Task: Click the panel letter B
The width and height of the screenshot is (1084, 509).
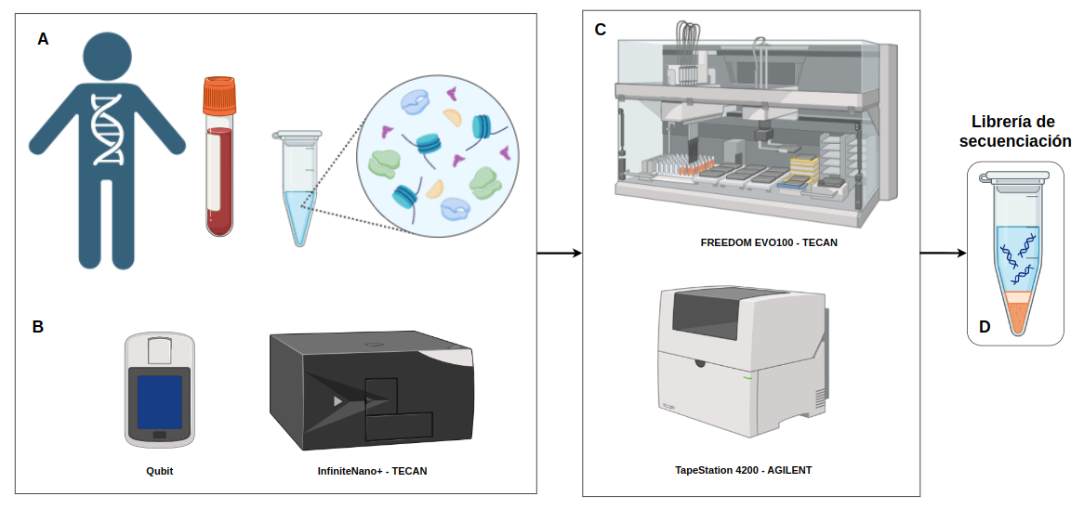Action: point(38,327)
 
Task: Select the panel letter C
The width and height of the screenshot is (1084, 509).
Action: point(600,30)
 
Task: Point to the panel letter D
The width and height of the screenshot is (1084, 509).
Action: point(985,327)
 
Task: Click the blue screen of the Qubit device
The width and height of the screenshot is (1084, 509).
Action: point(160,401)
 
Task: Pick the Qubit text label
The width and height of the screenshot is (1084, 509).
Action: point(159,471)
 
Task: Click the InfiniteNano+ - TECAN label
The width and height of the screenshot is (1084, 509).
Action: point(372,471)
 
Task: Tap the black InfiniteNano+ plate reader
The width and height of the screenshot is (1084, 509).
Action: point(372,391)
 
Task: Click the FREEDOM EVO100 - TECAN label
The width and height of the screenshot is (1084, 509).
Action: point(756,241)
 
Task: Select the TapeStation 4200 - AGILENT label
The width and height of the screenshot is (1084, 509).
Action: point(743,470)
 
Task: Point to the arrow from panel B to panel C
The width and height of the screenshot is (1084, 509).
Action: point(559,253)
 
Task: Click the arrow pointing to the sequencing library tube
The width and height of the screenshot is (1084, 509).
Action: point(943,253)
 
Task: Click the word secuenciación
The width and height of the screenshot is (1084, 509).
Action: point(1015,142)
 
